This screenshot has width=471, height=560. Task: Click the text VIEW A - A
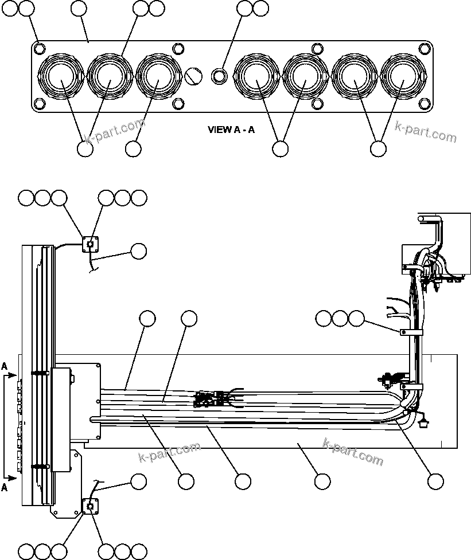(x=231, y=130)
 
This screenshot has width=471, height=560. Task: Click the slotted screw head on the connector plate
(x=194, y=75)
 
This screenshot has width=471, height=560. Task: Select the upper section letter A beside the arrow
(x=5, y=366)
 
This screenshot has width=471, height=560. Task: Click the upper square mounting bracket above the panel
(x=89, y=244)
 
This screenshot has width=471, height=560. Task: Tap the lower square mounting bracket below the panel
(x=90, y=506)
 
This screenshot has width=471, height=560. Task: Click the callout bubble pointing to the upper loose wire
(x=139, y=250)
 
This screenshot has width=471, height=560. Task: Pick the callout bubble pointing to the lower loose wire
(x=139, y=481)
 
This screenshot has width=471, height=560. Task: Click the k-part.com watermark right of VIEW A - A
(x=426, y=132)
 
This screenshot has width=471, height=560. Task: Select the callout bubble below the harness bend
(x=436, y=481)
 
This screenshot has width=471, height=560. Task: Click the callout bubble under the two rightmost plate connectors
(x=378, y=148)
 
